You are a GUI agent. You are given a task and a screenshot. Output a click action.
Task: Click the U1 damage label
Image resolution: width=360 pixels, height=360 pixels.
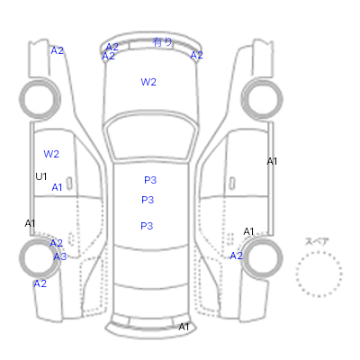(x=41, y=176)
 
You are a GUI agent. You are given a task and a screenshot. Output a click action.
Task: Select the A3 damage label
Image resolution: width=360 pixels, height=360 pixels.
(x=60, y=256)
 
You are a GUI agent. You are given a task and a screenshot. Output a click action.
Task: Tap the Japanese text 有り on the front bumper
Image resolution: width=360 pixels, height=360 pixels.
(x=162, y=42)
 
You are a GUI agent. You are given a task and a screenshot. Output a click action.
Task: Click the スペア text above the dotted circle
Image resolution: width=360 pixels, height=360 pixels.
(x=317, y=241)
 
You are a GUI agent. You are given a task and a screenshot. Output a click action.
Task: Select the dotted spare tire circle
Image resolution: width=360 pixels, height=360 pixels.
(x=319, y=252)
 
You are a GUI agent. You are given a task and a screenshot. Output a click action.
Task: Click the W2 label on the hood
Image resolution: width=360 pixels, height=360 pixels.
(x=148, y=82)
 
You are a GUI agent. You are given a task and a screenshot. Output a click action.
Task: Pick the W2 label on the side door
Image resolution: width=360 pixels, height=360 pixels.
(x=51, y=154)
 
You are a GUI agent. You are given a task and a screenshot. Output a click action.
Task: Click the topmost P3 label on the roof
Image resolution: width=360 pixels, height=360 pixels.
(x=150, y=180)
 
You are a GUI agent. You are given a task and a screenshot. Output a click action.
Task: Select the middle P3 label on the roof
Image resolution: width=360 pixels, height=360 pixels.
(x=148, y=200)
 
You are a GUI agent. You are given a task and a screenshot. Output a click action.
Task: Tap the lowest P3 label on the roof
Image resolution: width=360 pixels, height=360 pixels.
(x=147, y=226)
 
